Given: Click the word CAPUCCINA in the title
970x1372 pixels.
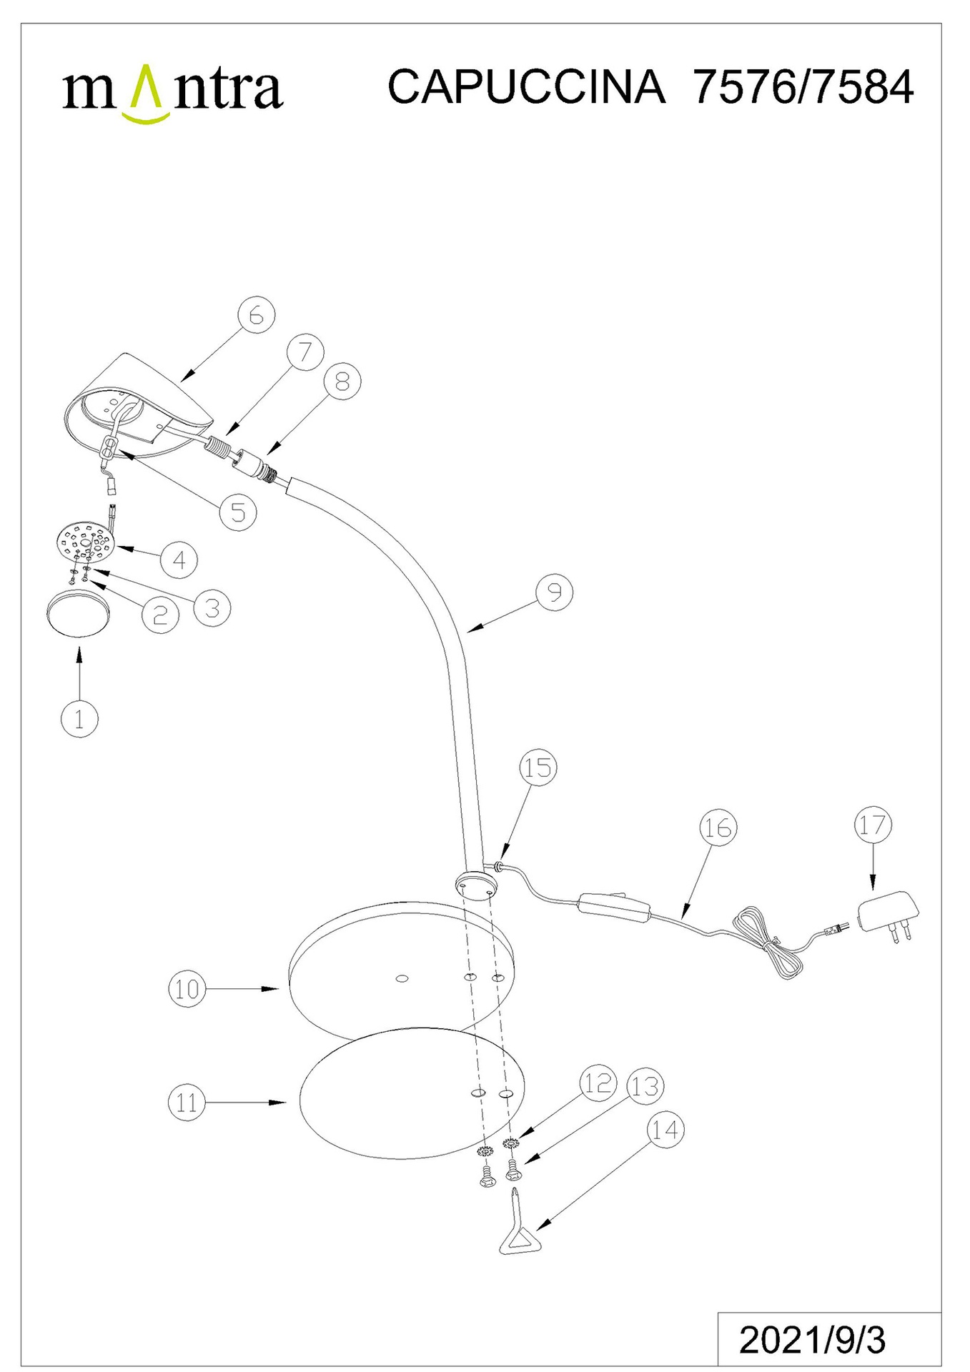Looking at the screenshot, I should [526, 87].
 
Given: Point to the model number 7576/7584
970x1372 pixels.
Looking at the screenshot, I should [803, 87].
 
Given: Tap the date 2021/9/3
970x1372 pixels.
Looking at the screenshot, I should [812, 1341].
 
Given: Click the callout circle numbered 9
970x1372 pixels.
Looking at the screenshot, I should [555, 592].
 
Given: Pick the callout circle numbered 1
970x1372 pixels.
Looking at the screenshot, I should [79, 718].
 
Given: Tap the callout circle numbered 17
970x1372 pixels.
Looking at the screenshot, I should [873, 825].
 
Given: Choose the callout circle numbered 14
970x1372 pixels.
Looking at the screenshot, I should [665, 1130].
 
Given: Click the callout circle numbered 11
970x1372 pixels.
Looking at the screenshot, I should [187, 1103].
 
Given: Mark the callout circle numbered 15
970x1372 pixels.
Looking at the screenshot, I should [538, 767].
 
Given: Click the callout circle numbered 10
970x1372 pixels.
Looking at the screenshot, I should [187, 989].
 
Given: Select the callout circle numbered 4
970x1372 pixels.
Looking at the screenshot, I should [179, 560].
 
